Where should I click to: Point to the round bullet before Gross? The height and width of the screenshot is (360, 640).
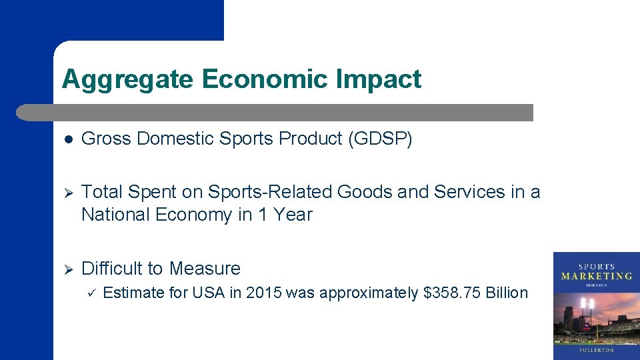point(68,139)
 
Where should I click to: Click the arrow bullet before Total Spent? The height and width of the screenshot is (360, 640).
point(68,193)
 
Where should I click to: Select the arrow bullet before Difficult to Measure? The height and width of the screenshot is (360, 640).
point(68,269)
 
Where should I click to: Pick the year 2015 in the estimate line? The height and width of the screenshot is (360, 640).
point(264,293)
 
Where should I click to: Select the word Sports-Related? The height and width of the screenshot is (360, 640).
point(270,192)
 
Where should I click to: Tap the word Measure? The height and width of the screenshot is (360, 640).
point(205,268)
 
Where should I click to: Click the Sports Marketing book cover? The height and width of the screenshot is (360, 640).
point(596,305)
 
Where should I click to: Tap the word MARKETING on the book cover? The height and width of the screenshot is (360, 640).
point(596,275)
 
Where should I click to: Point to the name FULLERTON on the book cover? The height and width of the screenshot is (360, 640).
point(596,349)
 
